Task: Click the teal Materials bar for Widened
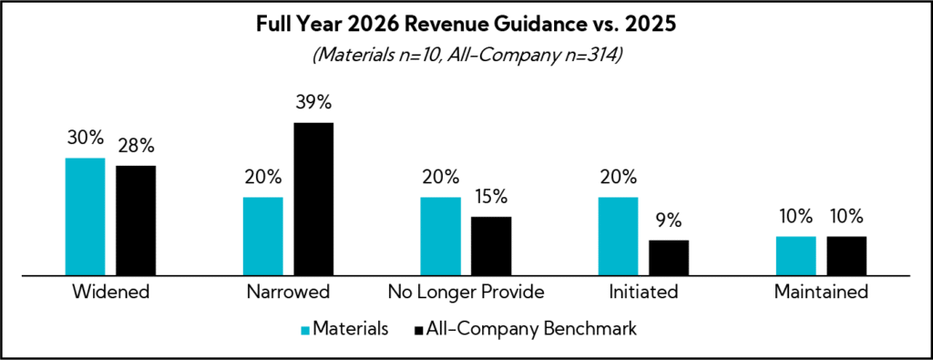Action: tap(85, 216)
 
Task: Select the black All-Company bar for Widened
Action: tap(136, 220)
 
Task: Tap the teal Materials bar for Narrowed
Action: tap(262, 235)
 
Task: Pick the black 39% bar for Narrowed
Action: tap(313, 198)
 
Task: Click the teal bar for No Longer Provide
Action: tap(440, 235)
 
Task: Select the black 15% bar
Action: tap(491, 245)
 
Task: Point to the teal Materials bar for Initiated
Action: tap(618, 235)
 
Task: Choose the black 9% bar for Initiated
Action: tap(669, 257)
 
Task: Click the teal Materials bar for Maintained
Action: tap(795, 255)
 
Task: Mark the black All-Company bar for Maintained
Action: tap(846, 255)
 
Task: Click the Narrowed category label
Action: tap(288, 293)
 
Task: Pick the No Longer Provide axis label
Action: tap(466, 293)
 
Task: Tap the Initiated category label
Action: tap(643, 293)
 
